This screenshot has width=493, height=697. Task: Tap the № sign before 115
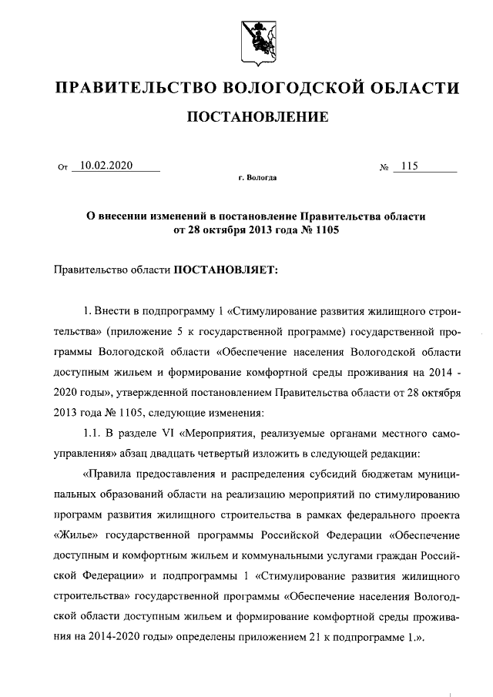click(383, 166)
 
